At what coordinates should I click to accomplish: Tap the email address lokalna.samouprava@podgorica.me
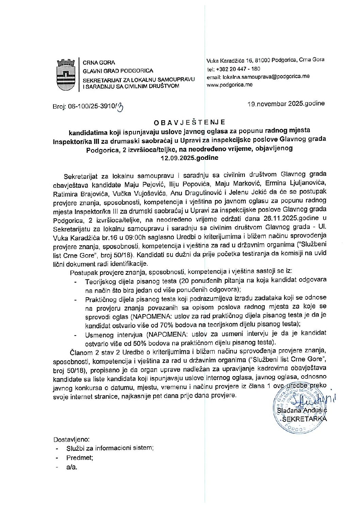[258, 77]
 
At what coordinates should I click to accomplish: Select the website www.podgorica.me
[230, 85]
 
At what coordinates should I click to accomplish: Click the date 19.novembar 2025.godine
[286, 104]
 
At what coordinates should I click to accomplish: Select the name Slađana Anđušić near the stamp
[302, 412]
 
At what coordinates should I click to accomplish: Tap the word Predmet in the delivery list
[80, 458]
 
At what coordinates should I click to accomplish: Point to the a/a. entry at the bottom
[72, 467]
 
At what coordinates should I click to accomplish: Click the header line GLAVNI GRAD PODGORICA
[118, 71]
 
